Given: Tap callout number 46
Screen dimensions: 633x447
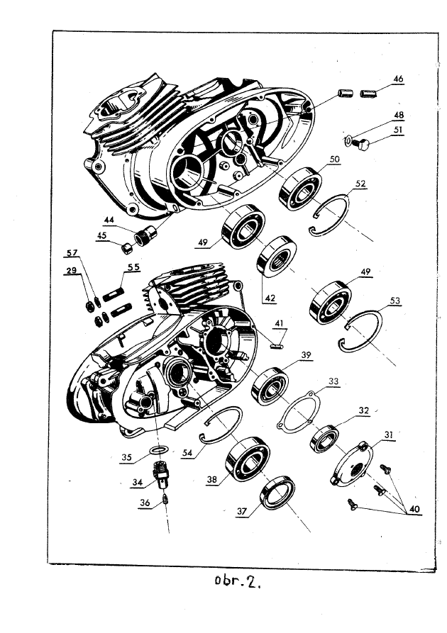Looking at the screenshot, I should (399, 79).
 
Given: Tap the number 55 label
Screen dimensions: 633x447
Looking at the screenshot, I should (133, 267).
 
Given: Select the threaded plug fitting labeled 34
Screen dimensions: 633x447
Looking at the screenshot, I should (162, 471).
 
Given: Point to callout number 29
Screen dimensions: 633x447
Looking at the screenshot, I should (72, 271).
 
